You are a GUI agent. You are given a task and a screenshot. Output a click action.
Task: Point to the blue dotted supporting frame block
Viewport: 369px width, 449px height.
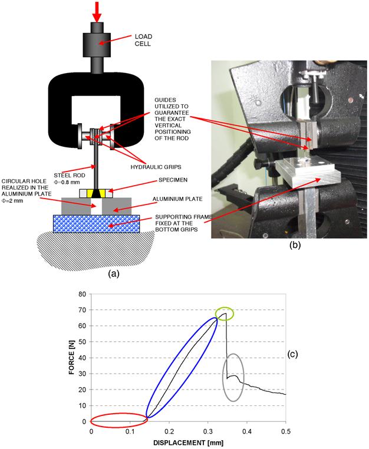tap(97, 224)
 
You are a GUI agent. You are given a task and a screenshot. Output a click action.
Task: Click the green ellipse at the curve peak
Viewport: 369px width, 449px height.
tap(224, 313)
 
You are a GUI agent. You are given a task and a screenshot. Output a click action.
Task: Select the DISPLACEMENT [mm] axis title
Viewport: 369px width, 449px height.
tap(188, 442)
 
